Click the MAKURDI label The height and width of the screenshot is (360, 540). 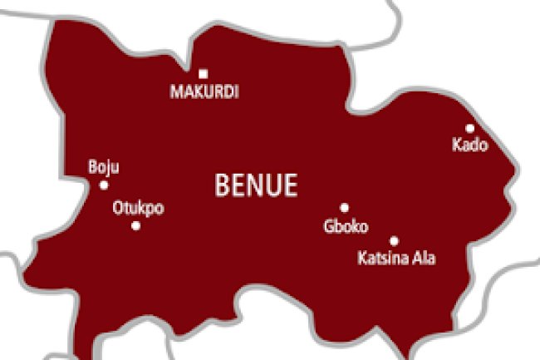pyautogui.click(x=204, y=92)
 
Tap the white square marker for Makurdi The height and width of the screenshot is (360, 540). pyautogui.click(x=203, y=74)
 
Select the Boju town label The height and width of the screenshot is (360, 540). pyautogui.click(x=104, y=167)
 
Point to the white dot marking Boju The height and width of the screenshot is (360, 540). pyautogui.click(x=104, y=185)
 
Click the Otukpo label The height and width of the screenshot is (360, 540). pyautogui.click(x=138, y=209)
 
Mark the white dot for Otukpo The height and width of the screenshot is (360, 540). pyautogui.click(x=135, y=225)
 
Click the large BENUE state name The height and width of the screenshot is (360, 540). pyautogui.click(x=256, y=185)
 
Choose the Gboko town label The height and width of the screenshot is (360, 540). pyautogui.click(x=346, y=226)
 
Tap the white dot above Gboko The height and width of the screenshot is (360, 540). pyautogui.click(x=344, y=208)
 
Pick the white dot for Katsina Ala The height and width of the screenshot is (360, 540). pyautogui.click(x=394, y=240)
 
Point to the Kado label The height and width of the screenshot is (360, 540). pyautogui.click(x=470, y=145)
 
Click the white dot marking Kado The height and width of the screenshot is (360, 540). pyautogui.click(x=469, y=128)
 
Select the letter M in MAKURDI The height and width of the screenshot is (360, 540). pyautogui.click(x=176, y=92)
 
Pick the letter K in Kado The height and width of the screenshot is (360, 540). pyautogui.click(x=457, y=145)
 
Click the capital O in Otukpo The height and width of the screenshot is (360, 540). pyautogui.click(x=117, y=209)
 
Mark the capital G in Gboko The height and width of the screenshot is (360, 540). pyautogui.click(x=328, y=226)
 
